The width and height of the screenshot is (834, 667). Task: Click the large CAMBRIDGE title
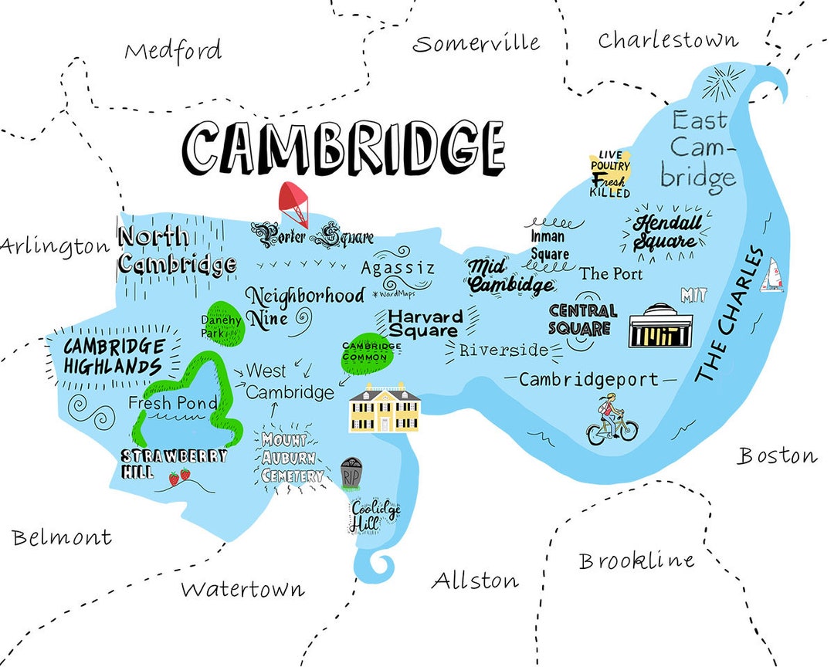point(344,148)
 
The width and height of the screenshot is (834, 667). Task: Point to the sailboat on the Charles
point(771,276)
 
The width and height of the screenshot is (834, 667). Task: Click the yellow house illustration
point(385,408)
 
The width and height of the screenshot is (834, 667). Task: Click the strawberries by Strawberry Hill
point(180,478)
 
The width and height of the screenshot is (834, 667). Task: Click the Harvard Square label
point(425,323)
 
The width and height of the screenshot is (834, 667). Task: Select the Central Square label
point(582,319)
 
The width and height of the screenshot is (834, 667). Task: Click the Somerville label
point(476,43)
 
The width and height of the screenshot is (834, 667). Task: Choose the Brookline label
point(636,561)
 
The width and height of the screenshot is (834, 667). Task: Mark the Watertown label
point(242,590)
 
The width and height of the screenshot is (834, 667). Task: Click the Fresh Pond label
point(173,403)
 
